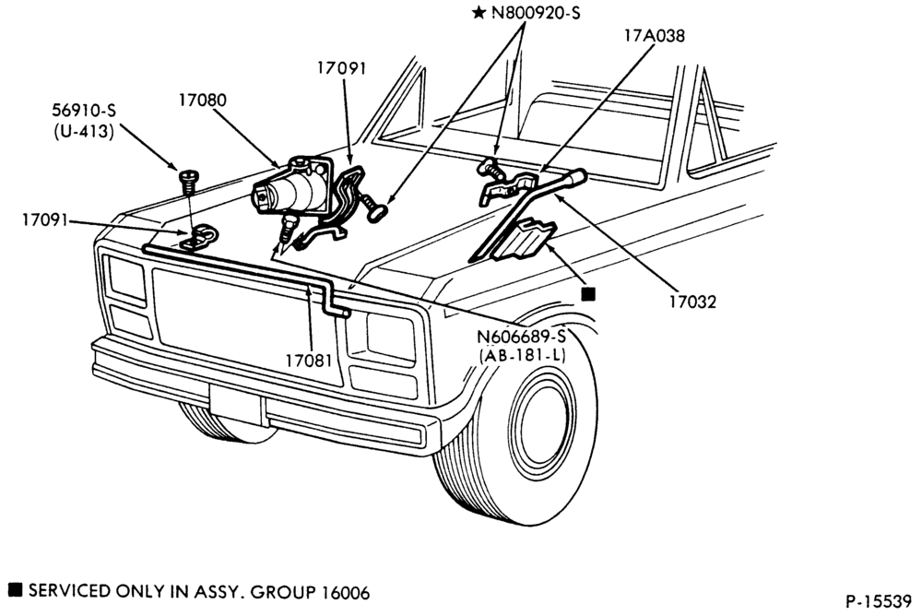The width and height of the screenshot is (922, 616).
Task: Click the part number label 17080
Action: point(202,100)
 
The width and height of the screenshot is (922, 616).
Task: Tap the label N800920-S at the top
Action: point(536,12)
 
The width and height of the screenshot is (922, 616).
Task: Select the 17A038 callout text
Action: point(655,36)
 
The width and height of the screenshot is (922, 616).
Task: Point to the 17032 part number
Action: point(692,302)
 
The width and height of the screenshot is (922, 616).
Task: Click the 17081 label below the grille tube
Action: point(309,360)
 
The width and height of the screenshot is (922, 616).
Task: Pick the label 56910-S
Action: point(84,110)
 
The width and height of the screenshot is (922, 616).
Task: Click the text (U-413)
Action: point(84,131)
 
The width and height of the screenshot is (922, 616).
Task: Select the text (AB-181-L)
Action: point(522,355)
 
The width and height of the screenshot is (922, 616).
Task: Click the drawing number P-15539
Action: point(879,600)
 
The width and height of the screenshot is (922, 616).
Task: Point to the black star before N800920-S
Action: point(479,12)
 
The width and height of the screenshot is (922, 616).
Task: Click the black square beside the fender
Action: point(588,294)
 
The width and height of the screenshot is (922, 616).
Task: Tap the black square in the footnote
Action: point(16,589)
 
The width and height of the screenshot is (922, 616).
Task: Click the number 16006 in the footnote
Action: point(346,592)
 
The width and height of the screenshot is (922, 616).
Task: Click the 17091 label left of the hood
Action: point(45,220)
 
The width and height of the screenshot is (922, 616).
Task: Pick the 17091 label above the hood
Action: point(342,68)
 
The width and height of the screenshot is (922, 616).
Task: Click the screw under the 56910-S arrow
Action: point(187,182)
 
